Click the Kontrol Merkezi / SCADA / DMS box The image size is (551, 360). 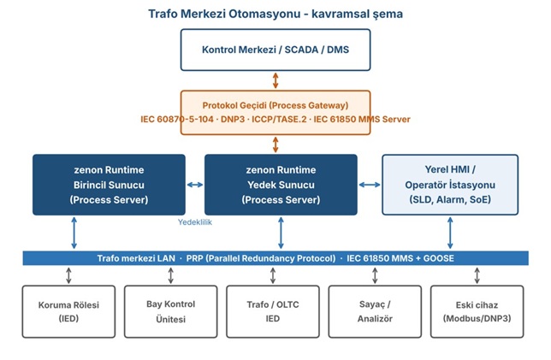275,50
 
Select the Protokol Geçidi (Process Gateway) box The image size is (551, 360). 275,112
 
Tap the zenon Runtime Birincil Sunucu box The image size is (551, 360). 109,185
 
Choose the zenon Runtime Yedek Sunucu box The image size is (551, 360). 281,185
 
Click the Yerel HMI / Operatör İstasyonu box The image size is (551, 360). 450,185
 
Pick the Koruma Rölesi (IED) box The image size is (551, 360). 68,311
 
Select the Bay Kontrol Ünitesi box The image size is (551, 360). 171,311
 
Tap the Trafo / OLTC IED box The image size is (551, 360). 273,311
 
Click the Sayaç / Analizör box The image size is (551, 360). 375,311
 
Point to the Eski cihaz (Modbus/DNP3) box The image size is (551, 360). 477,311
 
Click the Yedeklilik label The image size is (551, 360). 195,222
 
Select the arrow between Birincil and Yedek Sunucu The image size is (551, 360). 195,185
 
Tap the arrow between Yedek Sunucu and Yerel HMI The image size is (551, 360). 370,185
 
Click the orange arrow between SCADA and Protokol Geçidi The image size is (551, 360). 275,80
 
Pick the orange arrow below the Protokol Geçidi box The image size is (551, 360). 275,145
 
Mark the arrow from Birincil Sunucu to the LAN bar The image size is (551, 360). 74,233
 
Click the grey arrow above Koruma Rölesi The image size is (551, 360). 68,275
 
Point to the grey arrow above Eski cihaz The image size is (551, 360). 477,275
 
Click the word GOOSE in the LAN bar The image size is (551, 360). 439,258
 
